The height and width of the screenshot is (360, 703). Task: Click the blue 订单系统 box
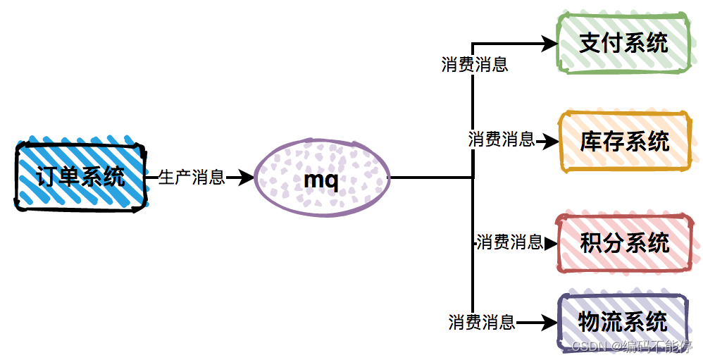pos(80,176)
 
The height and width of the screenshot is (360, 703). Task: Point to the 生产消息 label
pos(192,178)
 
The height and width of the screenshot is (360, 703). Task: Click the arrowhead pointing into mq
pos(247,178)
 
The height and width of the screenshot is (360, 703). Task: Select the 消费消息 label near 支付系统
pos(475,65)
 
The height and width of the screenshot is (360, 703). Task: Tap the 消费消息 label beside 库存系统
pos(502,139)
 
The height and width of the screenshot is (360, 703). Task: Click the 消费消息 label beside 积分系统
pos(509,243)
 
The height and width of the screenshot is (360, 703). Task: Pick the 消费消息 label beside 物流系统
pos(482,323)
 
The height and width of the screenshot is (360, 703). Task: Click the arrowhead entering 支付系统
pos(551,44)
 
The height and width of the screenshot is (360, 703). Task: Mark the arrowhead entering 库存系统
pos(551,142)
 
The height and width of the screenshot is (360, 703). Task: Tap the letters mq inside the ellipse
pos(321,180)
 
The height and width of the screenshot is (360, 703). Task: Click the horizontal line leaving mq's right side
pos(430,178)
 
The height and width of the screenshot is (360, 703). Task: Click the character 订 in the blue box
pos(47,176)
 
